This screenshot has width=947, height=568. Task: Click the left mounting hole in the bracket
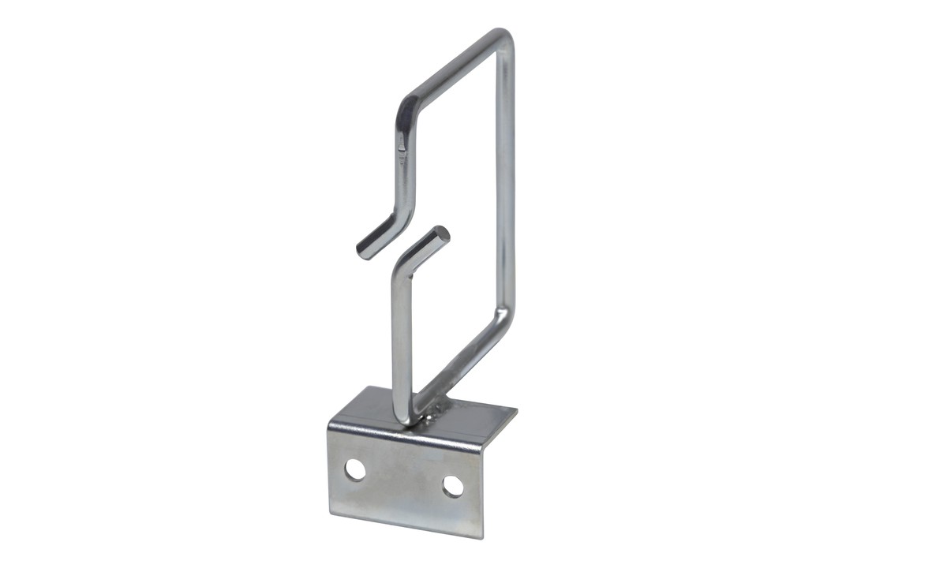[355, 469]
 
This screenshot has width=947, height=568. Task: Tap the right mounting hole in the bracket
[453, 486]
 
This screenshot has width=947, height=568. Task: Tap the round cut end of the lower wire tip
[442, 234]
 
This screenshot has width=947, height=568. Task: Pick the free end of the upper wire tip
[364, 251]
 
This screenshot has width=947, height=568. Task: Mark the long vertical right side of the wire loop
[506, 181]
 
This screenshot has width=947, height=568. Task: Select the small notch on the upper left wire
[402, 146]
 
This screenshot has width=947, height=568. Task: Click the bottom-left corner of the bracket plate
[330, 511]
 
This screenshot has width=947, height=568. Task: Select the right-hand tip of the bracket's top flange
[515, 409]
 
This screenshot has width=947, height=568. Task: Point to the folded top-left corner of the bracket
[331, 427]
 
